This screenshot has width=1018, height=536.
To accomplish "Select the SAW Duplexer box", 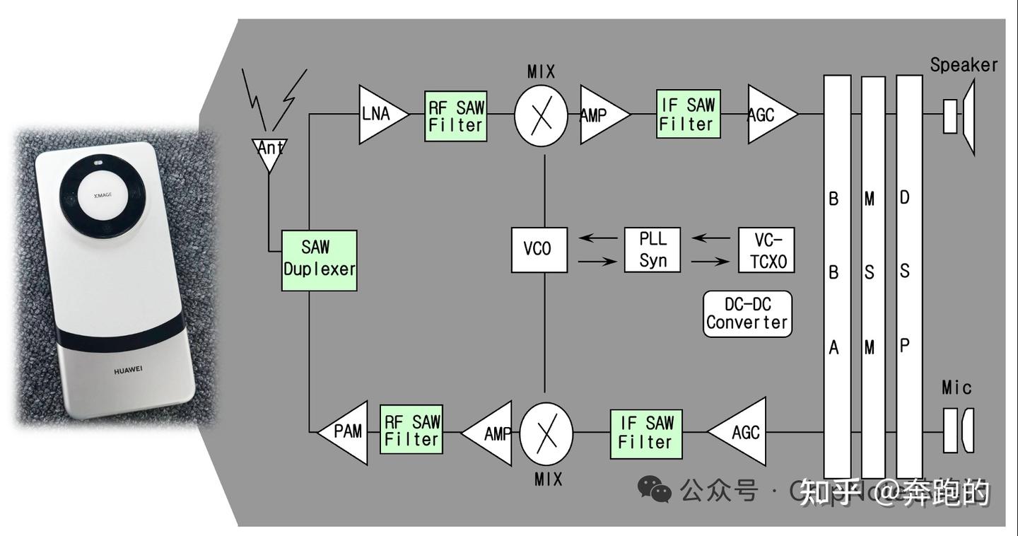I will point(320,260).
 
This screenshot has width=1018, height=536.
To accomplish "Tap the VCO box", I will point(539,249).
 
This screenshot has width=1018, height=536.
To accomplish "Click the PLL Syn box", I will point(653,250).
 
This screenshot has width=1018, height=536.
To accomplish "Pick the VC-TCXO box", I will point(766,250).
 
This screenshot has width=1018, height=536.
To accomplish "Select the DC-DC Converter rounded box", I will point(747,314).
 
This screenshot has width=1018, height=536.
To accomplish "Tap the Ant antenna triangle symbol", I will point(269,151).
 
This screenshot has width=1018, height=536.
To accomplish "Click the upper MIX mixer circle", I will point(541,114).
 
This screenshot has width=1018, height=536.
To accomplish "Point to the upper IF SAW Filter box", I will point(688,114).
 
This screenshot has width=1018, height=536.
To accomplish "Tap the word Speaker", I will point(963,65).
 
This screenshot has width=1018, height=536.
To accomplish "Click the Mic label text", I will point(956,388).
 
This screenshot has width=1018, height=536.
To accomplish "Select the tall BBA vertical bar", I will point(836,276).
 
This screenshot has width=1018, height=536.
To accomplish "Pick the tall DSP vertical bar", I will point(908,276).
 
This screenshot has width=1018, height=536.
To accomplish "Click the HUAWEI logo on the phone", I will point(128,370).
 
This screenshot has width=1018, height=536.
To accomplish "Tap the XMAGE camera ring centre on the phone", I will point(103,194).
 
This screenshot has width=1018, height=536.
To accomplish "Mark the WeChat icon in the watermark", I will point(654,489).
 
